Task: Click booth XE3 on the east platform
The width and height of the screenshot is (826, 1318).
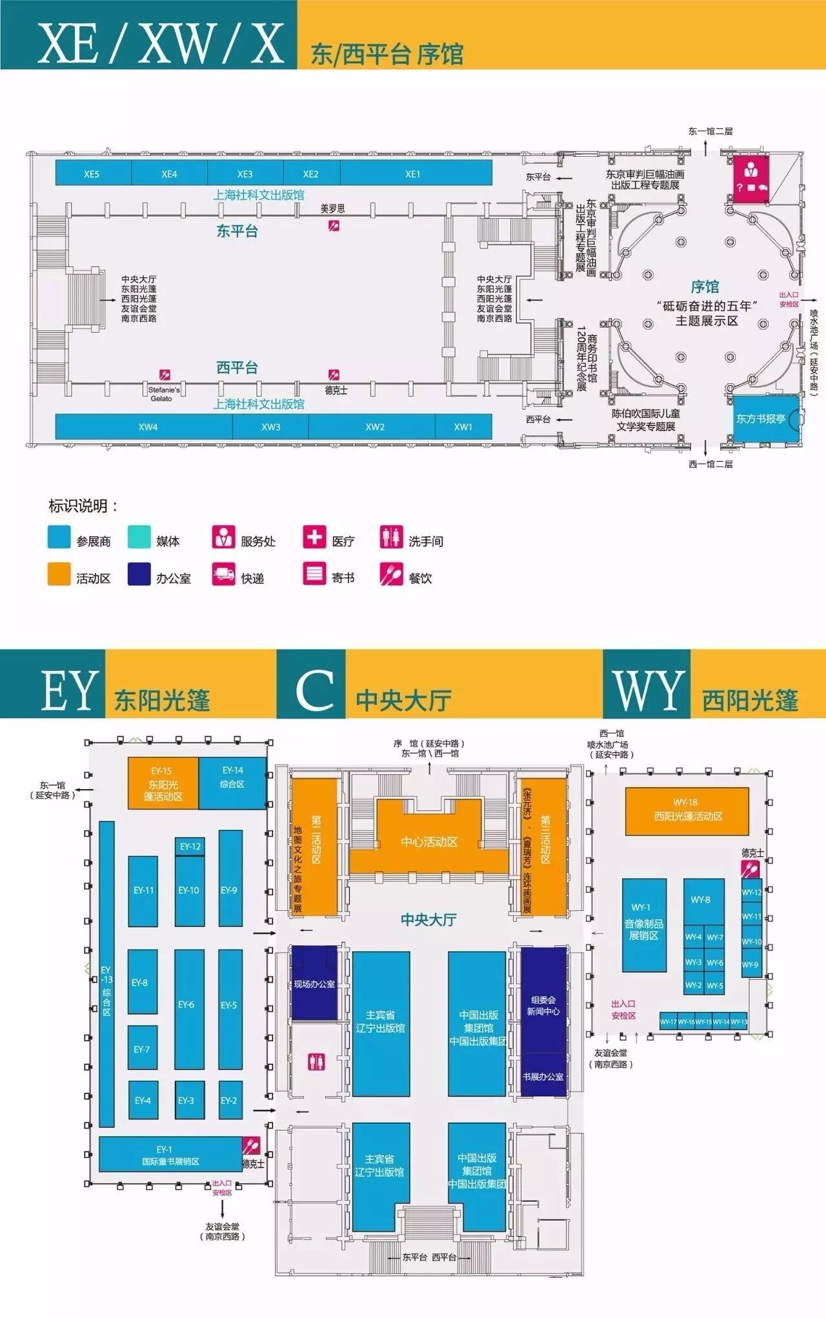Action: click(245, 173)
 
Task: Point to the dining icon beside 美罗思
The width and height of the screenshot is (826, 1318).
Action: click(334, 225)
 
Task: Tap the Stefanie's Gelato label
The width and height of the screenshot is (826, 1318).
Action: click(163, 394)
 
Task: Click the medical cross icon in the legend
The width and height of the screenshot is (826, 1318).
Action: click(314, 537)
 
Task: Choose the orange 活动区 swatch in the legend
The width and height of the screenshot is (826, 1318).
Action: click(59, 574)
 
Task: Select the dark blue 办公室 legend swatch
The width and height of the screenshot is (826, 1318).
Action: click(139, 574)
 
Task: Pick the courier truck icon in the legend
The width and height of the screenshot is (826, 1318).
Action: click(223, 574)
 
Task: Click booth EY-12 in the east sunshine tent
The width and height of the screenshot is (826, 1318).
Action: click(190, 846)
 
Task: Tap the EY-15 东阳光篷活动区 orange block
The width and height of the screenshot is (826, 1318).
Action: click(163, 783)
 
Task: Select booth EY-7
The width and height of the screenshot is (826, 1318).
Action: click(142, 1049)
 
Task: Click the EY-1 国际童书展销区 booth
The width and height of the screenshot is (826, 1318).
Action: click(170, 1154)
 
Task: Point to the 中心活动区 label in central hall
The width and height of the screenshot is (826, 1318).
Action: click(429, 842)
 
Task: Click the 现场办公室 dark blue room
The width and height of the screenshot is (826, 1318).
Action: click(314, 983)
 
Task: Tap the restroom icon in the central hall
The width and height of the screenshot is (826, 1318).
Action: click(316, 1061)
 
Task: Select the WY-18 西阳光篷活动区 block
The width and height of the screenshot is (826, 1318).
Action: click(687, 810)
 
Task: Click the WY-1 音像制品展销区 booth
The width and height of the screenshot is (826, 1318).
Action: click(644, 924)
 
